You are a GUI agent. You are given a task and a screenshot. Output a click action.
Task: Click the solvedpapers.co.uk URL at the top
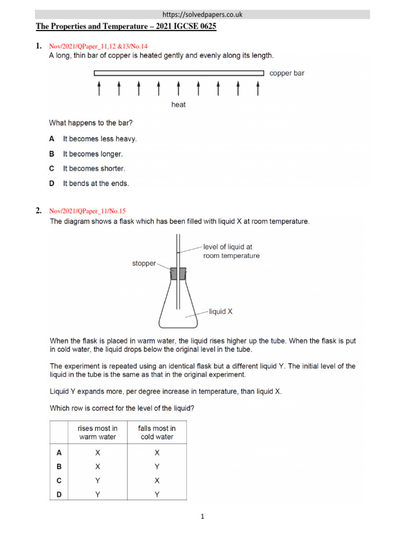click(202, 14)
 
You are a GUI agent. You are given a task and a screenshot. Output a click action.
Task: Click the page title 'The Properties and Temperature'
click(126, 27)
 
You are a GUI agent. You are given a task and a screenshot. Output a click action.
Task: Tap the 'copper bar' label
click(286, 73)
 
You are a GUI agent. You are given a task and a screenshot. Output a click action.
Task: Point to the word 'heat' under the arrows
click(178, 104)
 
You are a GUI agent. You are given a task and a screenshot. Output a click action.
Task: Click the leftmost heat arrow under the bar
click(99, 88)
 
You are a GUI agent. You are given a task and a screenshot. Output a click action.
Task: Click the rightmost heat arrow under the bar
click(257, 88)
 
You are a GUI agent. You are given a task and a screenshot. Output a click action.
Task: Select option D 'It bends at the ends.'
click(95, 184)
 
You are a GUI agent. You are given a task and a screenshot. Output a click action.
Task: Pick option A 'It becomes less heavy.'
click(100, 139)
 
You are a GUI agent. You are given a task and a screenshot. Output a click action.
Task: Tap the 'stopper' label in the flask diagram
click(143, 264)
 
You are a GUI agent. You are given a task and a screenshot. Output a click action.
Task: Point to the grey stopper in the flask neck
click(178, 274)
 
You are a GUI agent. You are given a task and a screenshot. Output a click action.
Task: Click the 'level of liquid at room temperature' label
click(231, 251)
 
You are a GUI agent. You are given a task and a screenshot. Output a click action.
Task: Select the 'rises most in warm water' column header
click(98, 432)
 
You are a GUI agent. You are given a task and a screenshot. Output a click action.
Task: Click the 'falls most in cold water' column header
click(157, 432)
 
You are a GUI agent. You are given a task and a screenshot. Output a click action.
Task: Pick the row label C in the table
click(59, 480)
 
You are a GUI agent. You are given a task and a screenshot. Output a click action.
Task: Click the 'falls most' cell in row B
click(157, 467)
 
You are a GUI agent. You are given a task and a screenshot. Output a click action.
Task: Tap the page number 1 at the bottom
click(202, 517)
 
